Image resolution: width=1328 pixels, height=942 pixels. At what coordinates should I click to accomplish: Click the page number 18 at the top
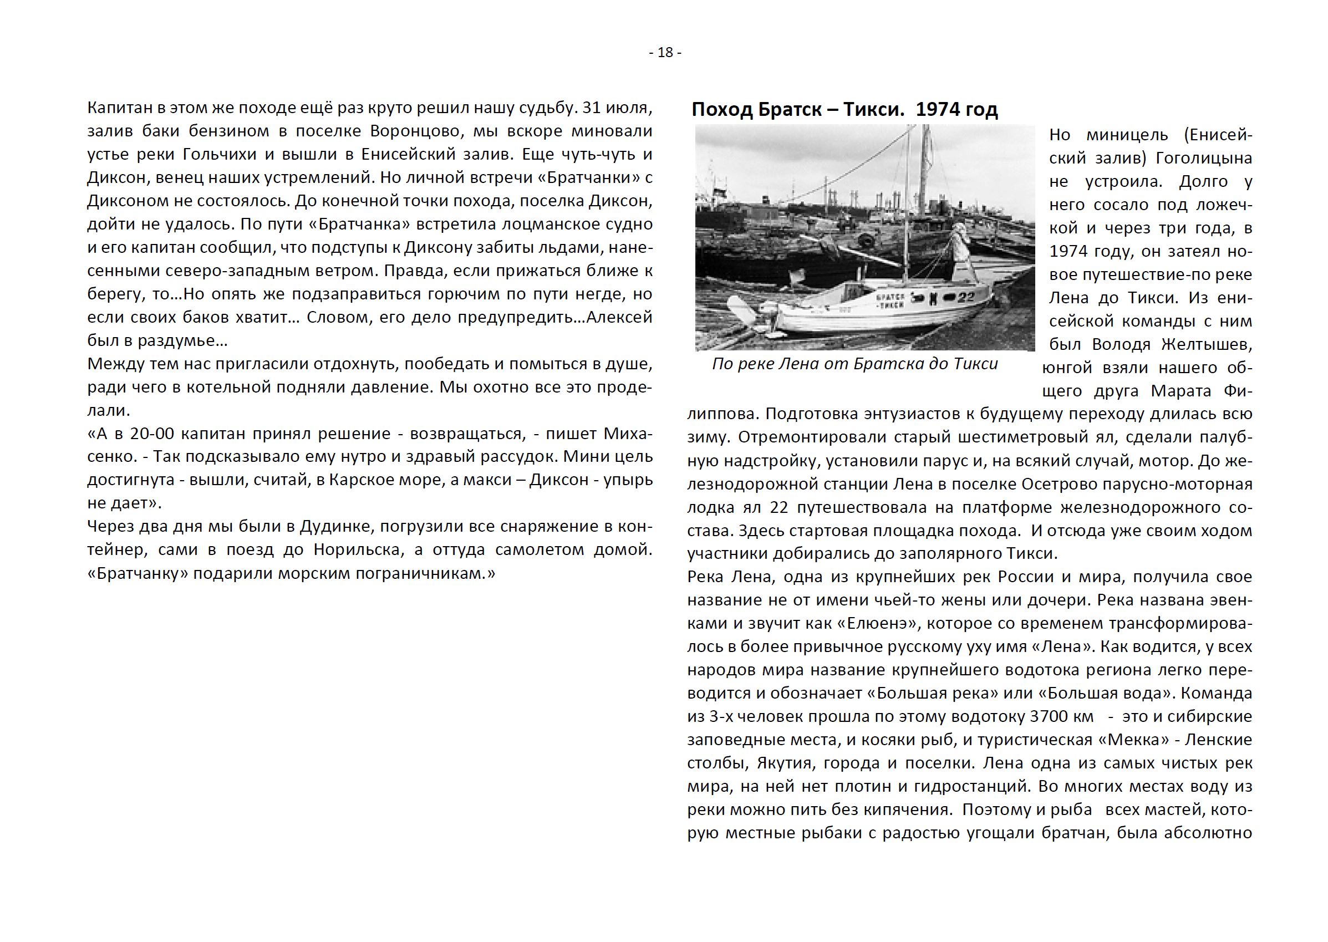[x=665, y=53]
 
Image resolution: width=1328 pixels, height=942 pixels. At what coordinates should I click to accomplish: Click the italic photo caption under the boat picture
[x=854, y=364]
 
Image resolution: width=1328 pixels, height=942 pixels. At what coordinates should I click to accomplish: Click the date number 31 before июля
[x=592, y=108]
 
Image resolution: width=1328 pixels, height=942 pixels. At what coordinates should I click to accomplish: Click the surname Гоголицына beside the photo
[x=1204, y=159]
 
